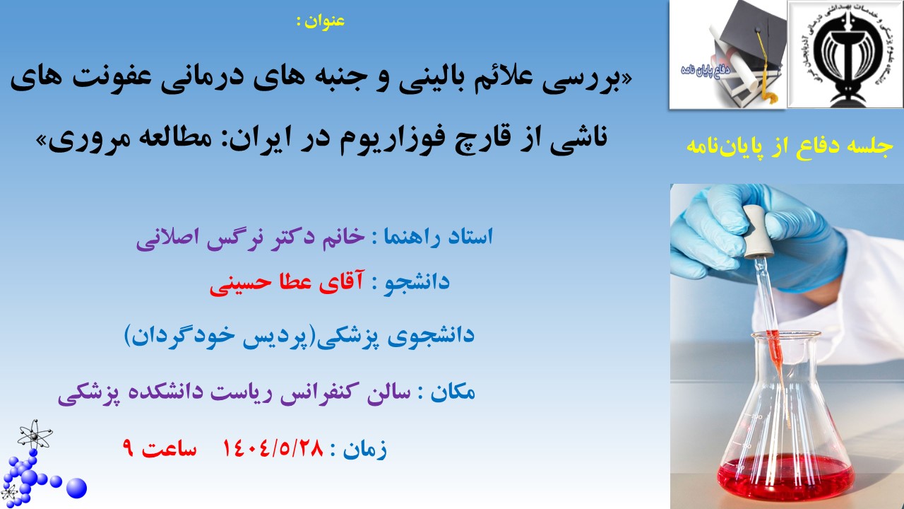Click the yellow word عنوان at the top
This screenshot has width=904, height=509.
tap(325, 21)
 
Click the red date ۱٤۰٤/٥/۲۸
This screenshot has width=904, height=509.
tap(273, 448)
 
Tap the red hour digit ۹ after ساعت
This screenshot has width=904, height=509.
tap(128, 448)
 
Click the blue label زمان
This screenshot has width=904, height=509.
tap(365, 449)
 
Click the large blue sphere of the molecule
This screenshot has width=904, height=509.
tap(76, 488)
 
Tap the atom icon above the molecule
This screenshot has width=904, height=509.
tap(35, 435)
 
